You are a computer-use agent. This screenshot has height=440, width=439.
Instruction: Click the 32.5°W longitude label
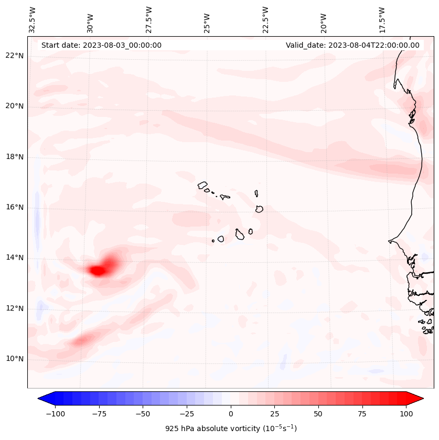tap(33, 20)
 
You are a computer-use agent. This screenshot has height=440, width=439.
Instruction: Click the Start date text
tap(101, 45)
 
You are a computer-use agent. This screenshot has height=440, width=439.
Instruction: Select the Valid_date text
tap(352, 45)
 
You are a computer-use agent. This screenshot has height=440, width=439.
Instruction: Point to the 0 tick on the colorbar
tap(231, 414)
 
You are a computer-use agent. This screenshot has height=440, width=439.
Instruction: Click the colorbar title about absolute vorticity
tap(231, 428)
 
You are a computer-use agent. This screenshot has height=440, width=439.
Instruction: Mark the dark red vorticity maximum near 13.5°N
tap(98, 271)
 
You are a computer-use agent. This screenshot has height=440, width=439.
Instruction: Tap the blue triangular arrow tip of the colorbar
tap(44, 399)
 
